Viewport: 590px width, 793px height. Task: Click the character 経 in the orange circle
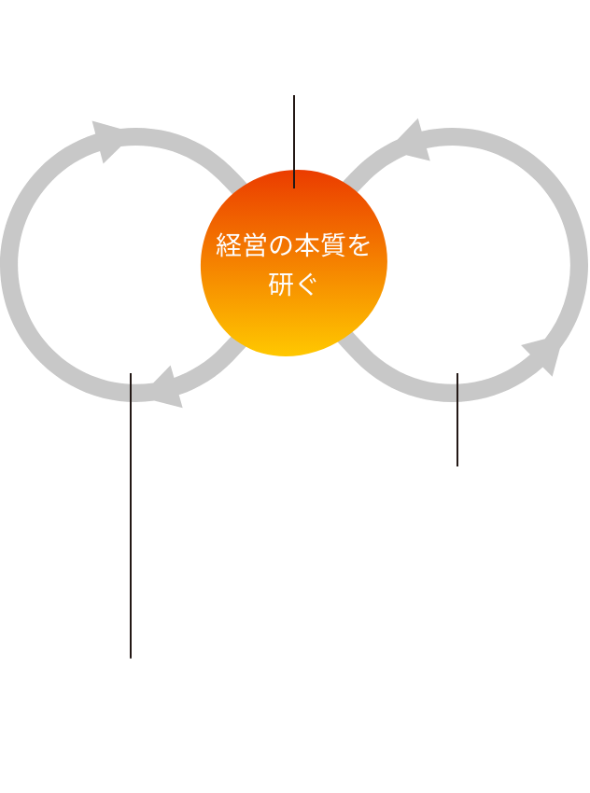click(x=228, y=246)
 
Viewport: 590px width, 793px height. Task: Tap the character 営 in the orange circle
click(x=255, y=246)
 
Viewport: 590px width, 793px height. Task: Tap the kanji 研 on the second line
click(x=280, y=285)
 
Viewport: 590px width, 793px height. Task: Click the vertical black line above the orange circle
click(x=295, y=140)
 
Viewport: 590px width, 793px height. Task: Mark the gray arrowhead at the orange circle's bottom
click(x=344, y=347)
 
